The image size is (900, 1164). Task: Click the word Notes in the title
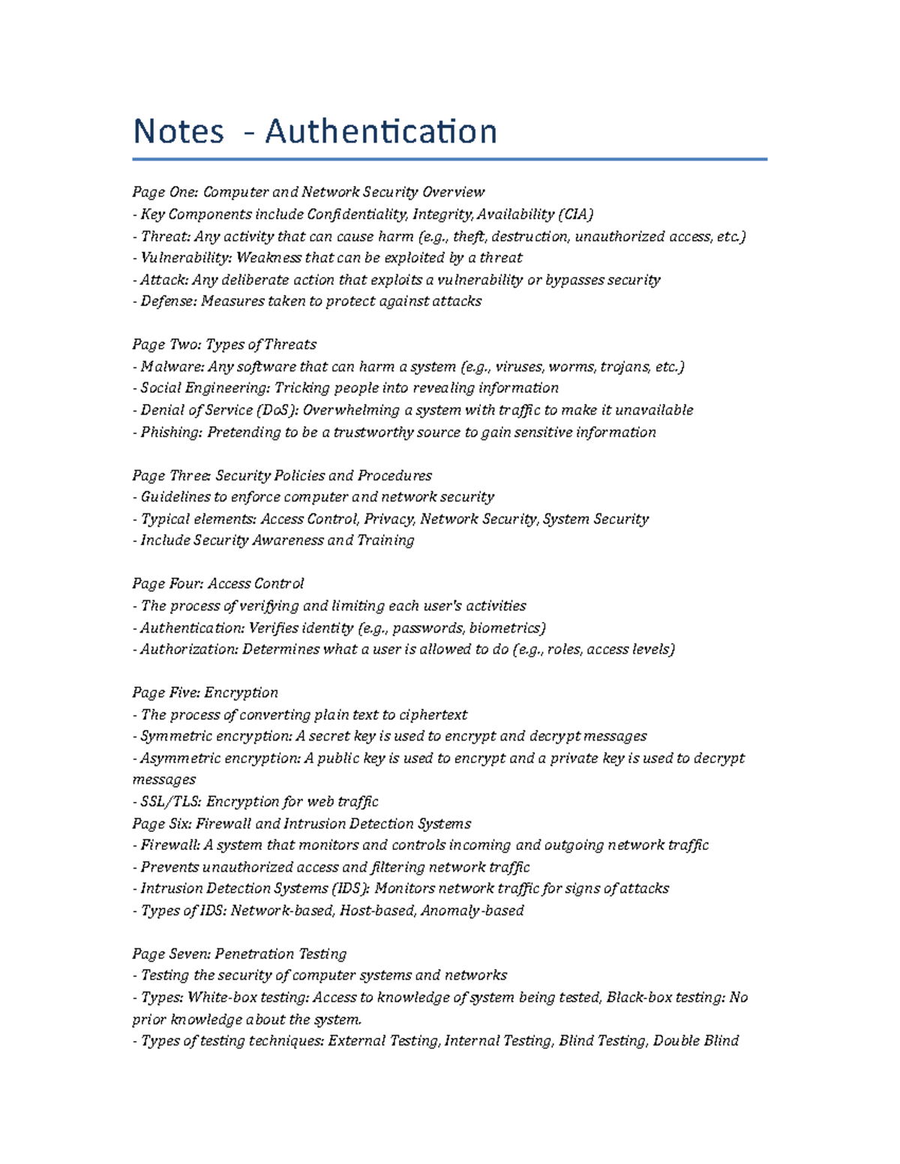pyautogui.click(x=178, y=132)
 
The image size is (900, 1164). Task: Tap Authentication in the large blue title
pyautogui.click(x=381, y=132)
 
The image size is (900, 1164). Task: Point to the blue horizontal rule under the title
pyautogui.click(x=449, y=159)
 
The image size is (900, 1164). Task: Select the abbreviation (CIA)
pyautogui.click(x=575, y=214)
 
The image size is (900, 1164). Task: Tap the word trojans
pyautogui.click(x=625, y=367)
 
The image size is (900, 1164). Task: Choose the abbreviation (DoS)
pyautogui.click(x=276, y=411)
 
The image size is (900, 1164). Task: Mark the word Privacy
pyautogui.click(x=389, y=519)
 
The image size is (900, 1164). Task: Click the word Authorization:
pyautogui.click(x=188, y=650)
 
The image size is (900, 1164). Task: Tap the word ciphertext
pyautogui.click(x=433, y=715)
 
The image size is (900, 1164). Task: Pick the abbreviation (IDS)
pyautogui.click(x=350, y=889)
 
